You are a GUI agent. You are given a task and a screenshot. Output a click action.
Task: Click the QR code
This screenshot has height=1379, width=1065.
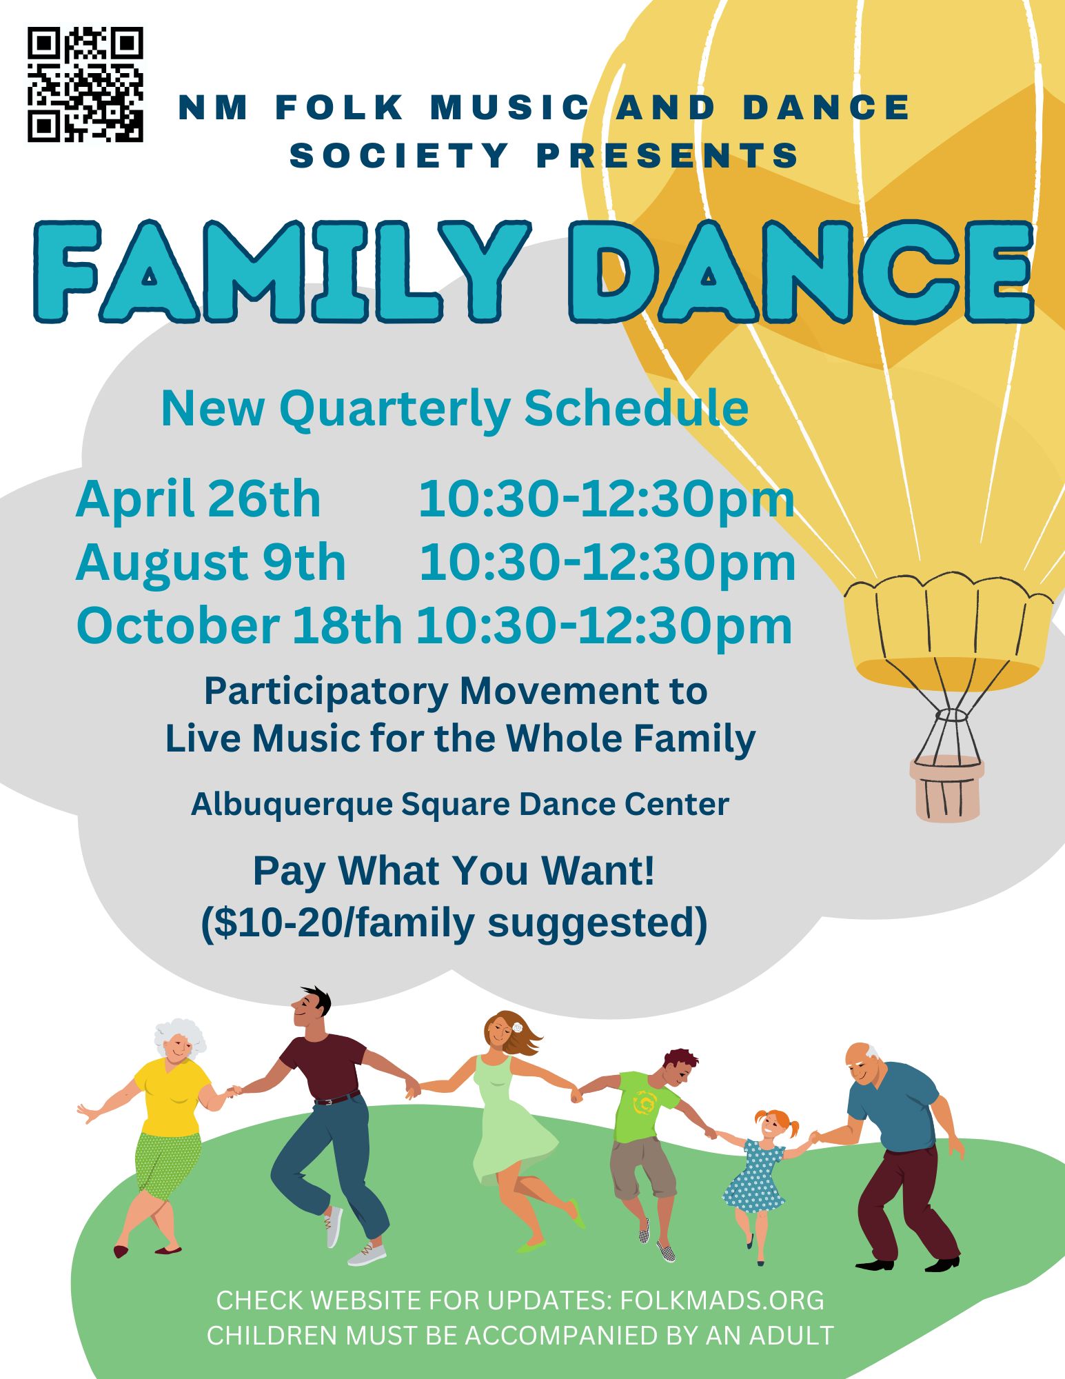point(85,84)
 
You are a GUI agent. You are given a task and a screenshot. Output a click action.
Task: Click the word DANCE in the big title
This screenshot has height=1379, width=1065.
point(802,272)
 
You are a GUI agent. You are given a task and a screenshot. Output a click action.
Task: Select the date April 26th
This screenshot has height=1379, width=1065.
point(199,500)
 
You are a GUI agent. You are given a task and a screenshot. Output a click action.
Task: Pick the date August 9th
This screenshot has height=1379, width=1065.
point(211,563)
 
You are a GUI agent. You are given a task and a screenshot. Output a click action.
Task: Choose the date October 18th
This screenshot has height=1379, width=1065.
point(239,625)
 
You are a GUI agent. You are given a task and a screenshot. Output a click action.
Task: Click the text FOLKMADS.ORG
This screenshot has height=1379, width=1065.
point(722,1300)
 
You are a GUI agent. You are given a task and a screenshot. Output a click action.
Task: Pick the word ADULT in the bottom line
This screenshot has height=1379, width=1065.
point(791,1336)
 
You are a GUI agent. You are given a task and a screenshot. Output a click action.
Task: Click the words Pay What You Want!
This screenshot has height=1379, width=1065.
point(454,871)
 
